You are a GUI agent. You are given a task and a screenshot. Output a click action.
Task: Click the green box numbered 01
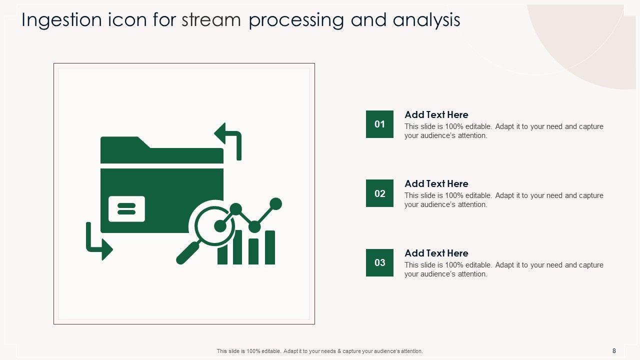click(379, 124)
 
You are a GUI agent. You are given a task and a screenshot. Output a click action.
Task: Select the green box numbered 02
click(379, 193)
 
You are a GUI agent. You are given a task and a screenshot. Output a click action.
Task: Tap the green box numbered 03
click(379, 262)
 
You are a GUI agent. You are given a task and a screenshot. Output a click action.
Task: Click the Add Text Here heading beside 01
click(436, 114)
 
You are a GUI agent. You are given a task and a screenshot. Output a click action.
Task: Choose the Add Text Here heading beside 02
click(436, 183)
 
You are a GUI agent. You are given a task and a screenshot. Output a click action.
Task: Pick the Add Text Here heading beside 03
click(436, 253)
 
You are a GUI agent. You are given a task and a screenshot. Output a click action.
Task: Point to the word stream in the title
click(211, 20)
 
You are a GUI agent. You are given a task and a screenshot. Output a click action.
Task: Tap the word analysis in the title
click(426, 20)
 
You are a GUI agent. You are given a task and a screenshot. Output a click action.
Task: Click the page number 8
click(614, 351)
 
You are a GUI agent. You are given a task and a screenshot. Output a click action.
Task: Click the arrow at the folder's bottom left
click(98, 242)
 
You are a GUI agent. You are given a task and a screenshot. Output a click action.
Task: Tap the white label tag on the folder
click(126, 208)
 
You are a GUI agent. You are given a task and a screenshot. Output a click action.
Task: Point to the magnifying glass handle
click(187, 252)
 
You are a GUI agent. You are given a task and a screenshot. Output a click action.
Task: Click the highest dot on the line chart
click(275, 203)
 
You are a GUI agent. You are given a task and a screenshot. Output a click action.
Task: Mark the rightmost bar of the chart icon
click(270, 247)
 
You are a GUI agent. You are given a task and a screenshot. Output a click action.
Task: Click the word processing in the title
click(296, 20)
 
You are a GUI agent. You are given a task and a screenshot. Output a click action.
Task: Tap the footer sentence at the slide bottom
click(319, 351)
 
